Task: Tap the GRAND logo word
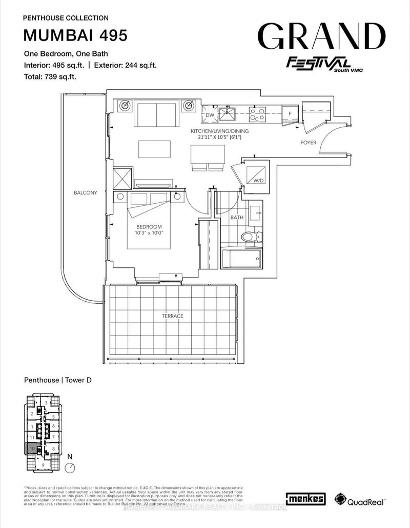coord(321,36)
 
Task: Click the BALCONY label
coord(85,193)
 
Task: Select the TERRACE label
coord(172,316)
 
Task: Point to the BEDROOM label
coord(149,227)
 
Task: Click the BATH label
coord(237,218)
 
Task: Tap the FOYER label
coord(309,143)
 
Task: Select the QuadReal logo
coord(360,498)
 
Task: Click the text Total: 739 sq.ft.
coord(54,76)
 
